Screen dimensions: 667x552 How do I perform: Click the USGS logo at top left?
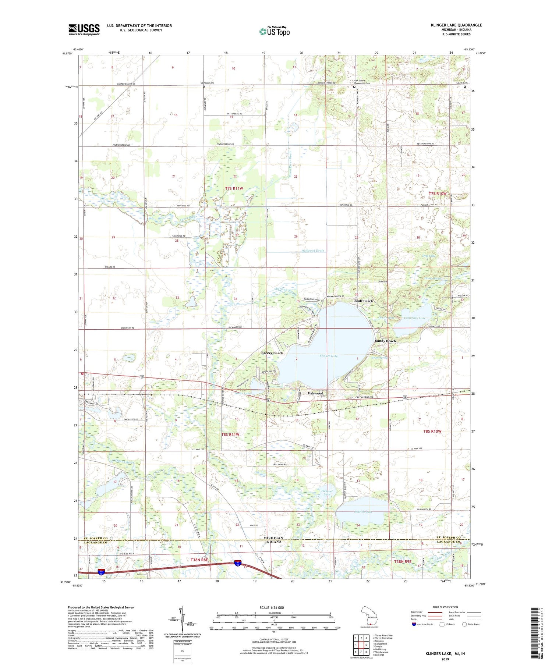84,29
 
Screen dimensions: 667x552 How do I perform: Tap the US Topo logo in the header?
275,32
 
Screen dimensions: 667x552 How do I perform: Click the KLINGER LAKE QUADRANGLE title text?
456,25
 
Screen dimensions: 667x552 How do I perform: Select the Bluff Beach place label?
364,301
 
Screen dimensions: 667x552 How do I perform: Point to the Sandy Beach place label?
385,341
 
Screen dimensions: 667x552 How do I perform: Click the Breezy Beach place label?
272,353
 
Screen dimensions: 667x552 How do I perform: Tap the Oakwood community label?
315,393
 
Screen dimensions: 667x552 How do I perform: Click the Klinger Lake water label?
329,356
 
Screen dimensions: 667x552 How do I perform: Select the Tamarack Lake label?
414,318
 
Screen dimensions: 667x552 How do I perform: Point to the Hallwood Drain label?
313,251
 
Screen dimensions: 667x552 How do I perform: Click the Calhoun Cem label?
207,83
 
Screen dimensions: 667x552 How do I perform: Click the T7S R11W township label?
234,188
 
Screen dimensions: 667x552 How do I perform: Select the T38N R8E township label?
199,560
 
